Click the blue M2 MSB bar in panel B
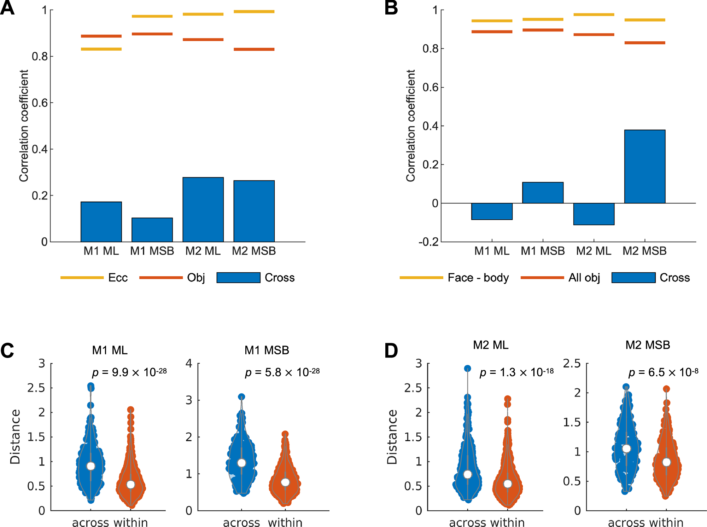point(644,167)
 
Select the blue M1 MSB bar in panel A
point(152,230)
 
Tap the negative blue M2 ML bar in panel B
point(594,214)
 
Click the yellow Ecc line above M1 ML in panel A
point(101,49)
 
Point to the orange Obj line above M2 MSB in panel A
point(254,49)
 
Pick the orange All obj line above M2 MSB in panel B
point(644,43)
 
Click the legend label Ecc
point(118,278)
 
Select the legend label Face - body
point(478,278)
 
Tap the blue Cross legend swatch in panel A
point(238,278)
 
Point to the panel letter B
point(391,8)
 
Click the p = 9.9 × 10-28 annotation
point(129,372)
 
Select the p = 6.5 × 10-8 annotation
point(663,372)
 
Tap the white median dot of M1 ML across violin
point(91,466)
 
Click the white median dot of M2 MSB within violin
point(666,462)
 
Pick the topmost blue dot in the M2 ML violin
point(467,369)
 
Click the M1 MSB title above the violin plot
point(267,350)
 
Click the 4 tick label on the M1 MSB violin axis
point(189,363)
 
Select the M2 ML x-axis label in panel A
point(203,251)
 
